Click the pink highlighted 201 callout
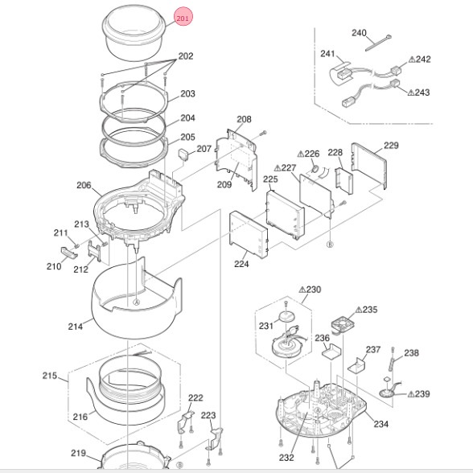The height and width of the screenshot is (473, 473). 183,18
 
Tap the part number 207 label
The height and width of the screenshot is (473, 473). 204,149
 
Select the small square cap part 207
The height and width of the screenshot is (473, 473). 183,154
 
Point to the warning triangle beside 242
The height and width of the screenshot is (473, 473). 412,60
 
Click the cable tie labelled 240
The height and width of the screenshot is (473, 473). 378,43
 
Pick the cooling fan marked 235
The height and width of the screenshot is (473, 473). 343,324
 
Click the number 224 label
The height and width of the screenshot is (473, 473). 241,264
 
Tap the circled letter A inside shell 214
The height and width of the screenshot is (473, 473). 137,302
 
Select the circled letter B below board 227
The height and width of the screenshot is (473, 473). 330,245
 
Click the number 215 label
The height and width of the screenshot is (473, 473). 50,376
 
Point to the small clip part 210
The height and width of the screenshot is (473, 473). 69,253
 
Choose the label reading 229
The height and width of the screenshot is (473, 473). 391,146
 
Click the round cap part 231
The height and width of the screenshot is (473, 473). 287,317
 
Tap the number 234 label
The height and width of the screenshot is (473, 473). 381,424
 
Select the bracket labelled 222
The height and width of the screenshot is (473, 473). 185,422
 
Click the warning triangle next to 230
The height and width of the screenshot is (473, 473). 302,290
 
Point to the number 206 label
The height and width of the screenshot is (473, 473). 84,185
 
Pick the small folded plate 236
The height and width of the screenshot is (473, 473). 331,351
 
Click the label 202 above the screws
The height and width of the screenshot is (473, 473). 186,56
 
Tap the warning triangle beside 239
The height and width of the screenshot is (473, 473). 411,394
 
